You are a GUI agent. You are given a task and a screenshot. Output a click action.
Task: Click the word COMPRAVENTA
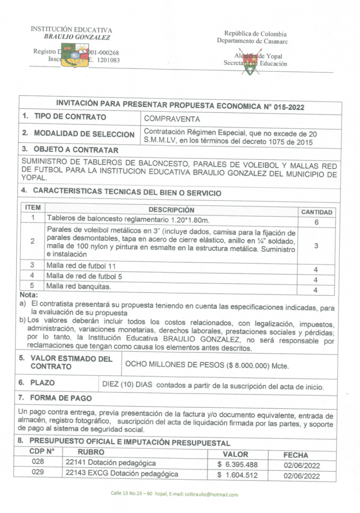(172, 119)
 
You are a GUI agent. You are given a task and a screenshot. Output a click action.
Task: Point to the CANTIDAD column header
(317, 212)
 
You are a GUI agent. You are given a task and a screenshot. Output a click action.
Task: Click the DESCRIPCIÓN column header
(171, 210)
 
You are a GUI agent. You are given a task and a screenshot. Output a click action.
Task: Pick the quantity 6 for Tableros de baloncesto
(316, 222)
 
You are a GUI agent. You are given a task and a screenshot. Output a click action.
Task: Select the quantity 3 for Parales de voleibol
(316, 246)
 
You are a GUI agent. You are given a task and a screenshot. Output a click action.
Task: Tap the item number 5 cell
(32, 285)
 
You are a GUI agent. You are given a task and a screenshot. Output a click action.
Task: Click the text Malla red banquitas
(78, 287)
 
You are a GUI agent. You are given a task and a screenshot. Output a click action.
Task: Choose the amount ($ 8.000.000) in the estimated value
(248, 366)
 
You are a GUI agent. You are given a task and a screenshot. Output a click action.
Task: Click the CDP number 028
(38, 461)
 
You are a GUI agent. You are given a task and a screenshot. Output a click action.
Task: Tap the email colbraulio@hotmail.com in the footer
(211, 495)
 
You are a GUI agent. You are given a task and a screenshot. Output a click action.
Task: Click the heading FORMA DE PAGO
(61, 398)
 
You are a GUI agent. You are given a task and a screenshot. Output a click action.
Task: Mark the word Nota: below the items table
(29, 295)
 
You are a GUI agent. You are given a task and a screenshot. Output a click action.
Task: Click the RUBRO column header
(91, 452)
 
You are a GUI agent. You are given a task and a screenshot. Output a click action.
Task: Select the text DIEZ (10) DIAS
(127, 385)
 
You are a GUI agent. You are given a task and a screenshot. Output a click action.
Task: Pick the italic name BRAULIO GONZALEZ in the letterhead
(77, 37)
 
